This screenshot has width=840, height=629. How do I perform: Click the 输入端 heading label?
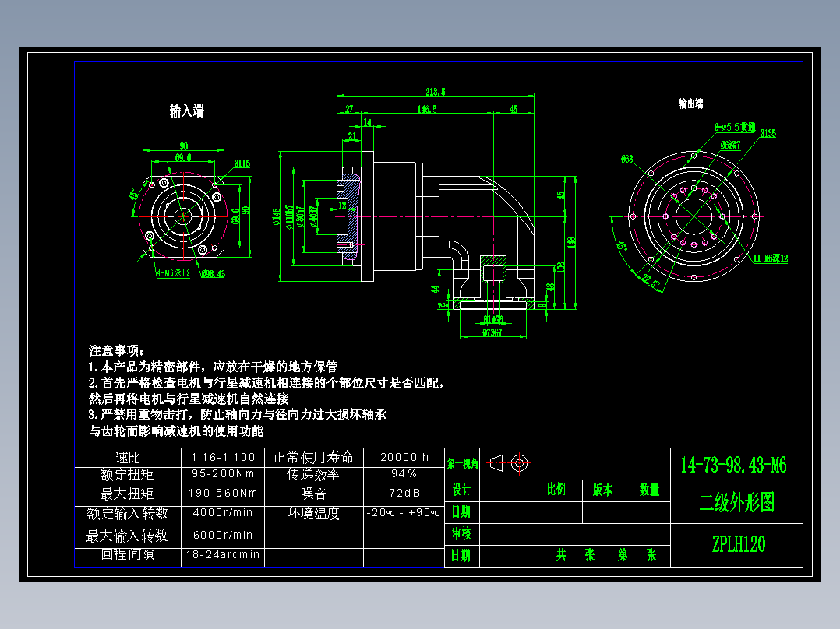pyautogui.click(x=187, y=111)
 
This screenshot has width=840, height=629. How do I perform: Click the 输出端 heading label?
pyautogui.click(x=690, y=103)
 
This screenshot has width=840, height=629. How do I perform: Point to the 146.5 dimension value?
pyautogui.click(x=426, y=109)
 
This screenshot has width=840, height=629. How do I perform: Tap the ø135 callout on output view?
pyautogui.click(x=768, y=133)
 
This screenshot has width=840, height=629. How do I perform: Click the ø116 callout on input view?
pyautogui.click(x=242, y=163)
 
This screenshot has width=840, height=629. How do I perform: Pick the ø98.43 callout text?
pyautogui.click(x=213, y=273)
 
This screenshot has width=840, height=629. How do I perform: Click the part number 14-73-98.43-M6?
pyautogui.click(x=736, y=466)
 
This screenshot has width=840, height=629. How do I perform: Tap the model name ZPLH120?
pyautogui.click(x=738, y=544)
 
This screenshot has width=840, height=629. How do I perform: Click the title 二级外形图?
pyautogui.click(x=736, y=503)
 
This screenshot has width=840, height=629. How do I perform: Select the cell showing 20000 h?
pyautogui.click(x=404, y=457)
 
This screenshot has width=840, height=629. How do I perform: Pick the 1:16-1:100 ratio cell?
pyautogui.click(x=223, y=457)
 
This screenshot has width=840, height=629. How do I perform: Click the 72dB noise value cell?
pyautogui.click(x=404, y=494)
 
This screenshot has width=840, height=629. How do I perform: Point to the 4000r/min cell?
pyautogui.click(x=223, y=512)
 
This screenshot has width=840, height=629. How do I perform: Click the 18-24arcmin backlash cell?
pyautogui.click(x=223, y=555)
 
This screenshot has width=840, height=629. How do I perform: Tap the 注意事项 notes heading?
pyautogui.click(x=117, y=351)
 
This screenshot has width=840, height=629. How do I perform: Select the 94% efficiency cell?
pyautogui.click(x=404, y=473)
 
